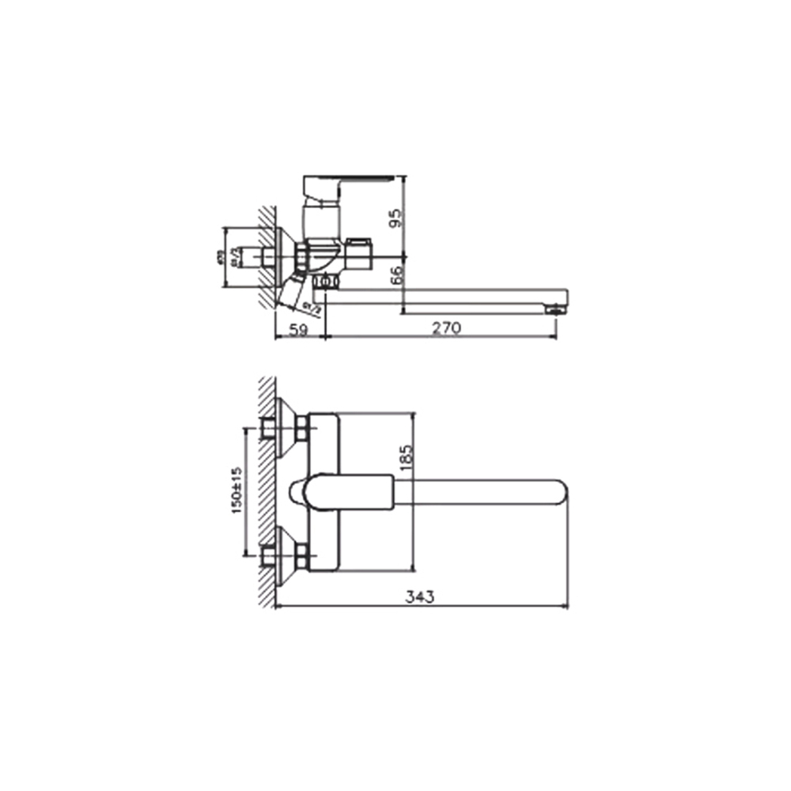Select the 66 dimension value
click(397, 274)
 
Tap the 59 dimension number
click(298, 329)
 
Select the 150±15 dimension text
click(237, 490)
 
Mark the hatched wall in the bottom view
click(267, 490)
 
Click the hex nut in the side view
click(303, 256)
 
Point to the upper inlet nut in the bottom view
click(302, 429)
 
